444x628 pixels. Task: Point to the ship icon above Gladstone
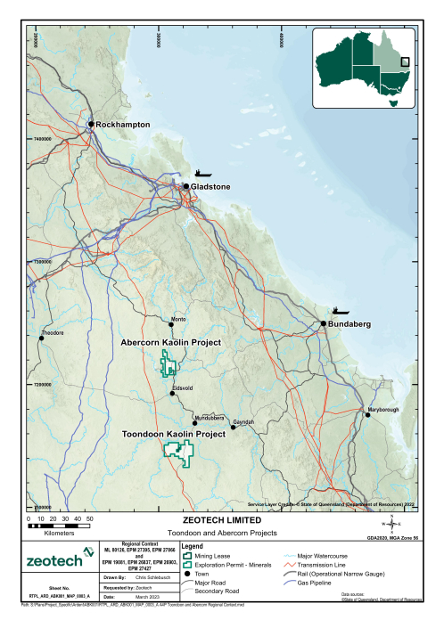coord(203,173)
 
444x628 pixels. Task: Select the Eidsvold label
coord(184,387)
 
